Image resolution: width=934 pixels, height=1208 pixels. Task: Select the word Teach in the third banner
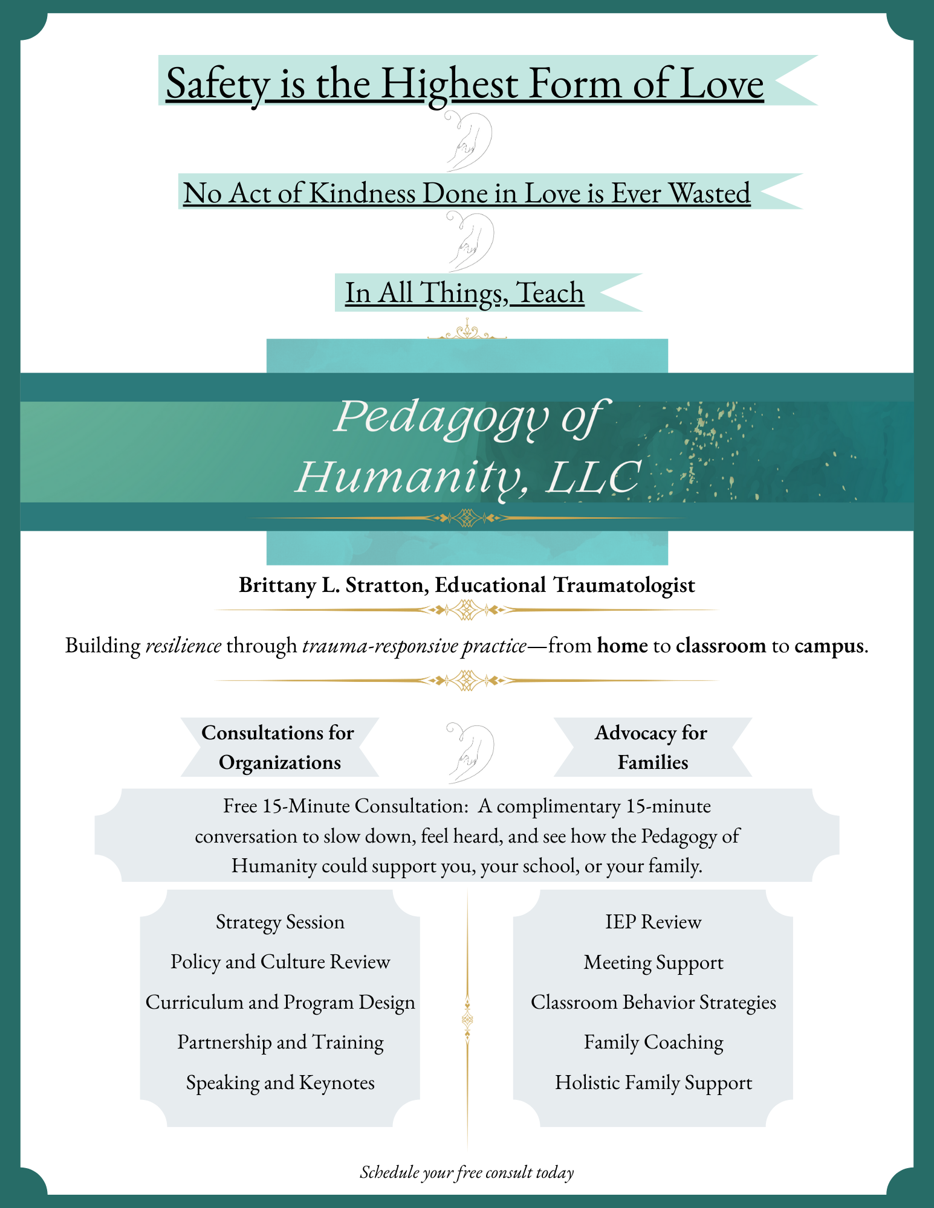[551, 293]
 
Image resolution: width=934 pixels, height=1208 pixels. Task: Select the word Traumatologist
[624, 585]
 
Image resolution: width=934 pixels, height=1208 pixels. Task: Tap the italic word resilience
[184, 646]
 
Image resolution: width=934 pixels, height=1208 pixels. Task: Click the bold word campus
[829, 646]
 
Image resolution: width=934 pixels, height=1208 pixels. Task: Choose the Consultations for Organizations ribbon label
[279, 747]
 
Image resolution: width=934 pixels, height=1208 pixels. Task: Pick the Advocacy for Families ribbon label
[652, 747]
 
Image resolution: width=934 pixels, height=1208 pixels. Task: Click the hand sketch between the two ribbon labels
[470, 753]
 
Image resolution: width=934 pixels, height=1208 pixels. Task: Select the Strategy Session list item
[280, 922]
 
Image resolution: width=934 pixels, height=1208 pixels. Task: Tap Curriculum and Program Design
[280, 1003]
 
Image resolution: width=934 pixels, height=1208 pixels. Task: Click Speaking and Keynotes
[280, 1083]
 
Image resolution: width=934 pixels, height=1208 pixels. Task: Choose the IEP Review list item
[653, 922]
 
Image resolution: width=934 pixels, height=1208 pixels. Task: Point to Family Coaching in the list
[653, 1043]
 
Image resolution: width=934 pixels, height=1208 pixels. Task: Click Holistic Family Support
[653, 1083]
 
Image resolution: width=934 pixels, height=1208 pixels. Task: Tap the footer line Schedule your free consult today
[467, 1172]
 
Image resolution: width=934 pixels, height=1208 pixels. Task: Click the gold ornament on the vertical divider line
[467, 1020]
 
